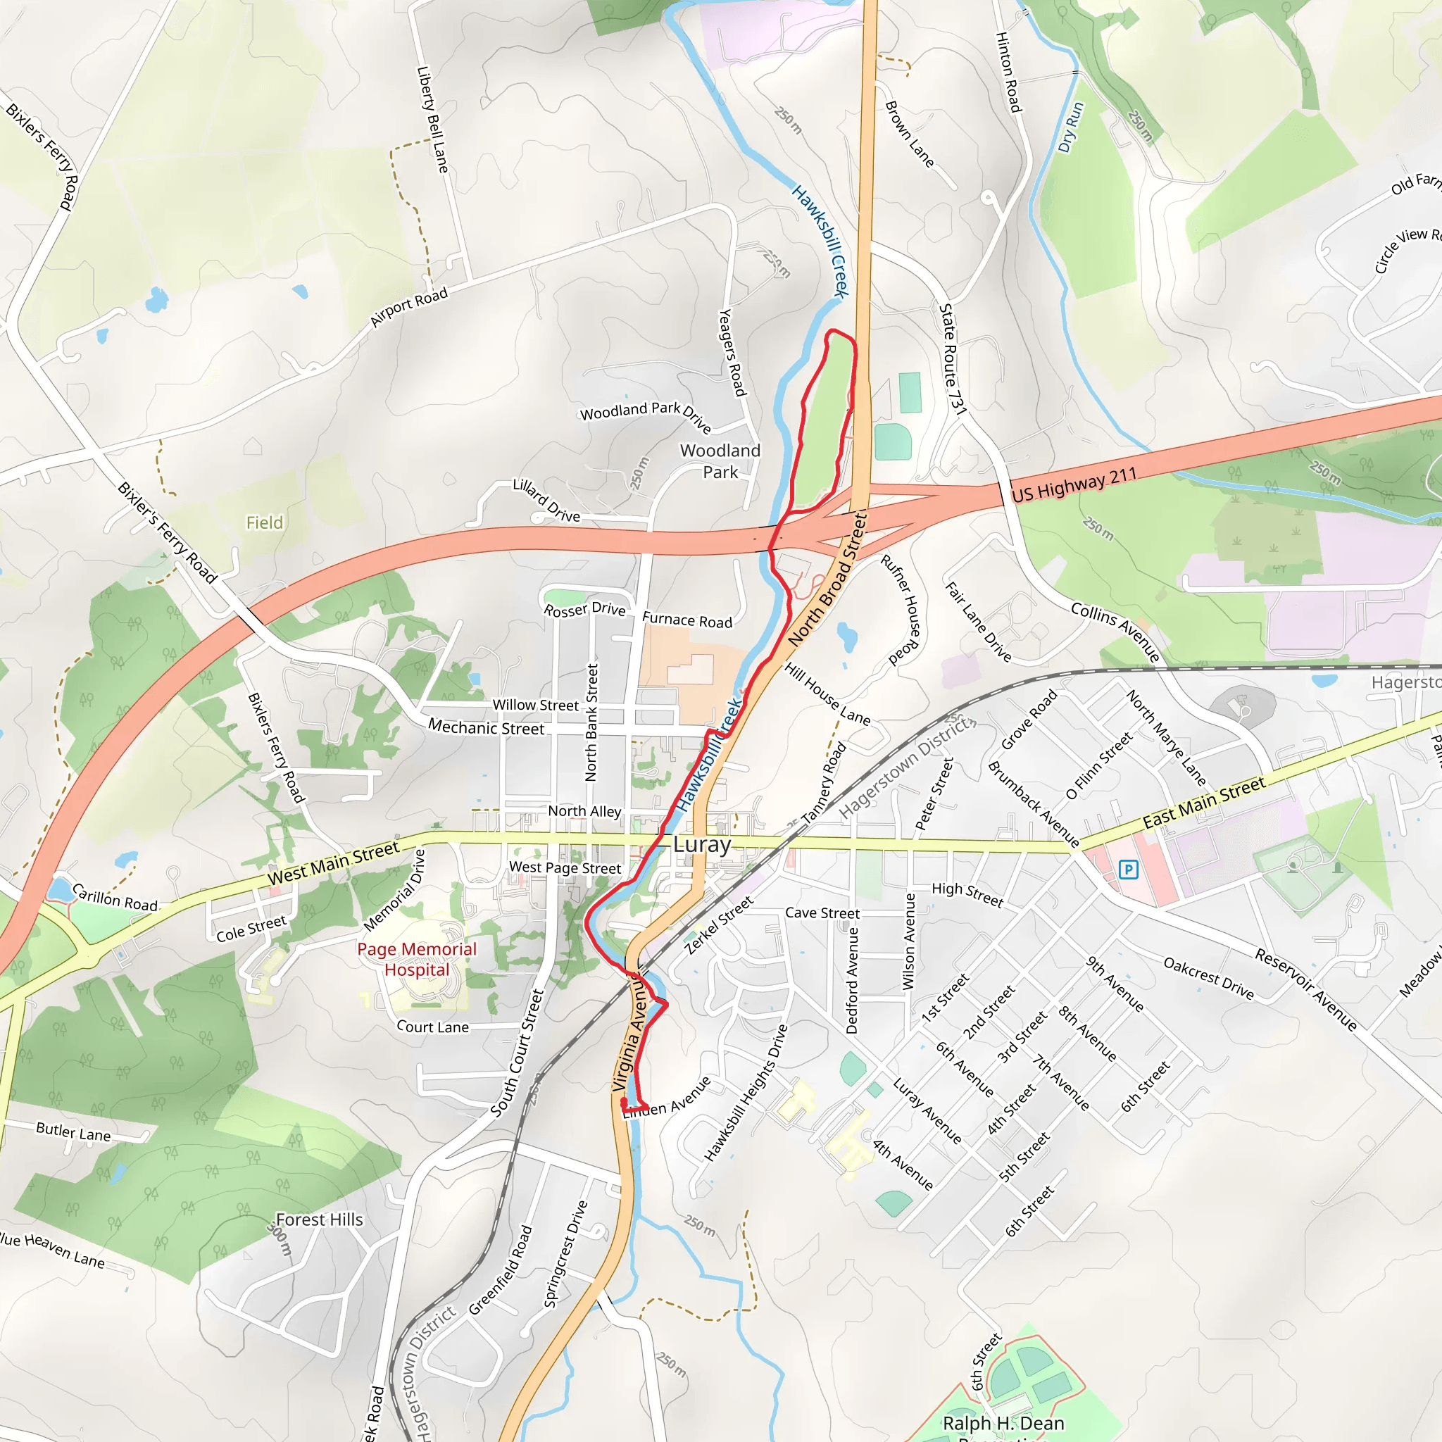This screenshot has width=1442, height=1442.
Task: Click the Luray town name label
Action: (x=701, y=844)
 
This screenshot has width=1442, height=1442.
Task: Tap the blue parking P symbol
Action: (x=1129, y=870)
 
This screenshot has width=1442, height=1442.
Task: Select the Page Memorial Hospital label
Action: (x=417, y=959)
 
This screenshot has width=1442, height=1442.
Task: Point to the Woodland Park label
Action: (x=720, y=461)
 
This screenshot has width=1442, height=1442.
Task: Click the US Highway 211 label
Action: (x=1074, y=484)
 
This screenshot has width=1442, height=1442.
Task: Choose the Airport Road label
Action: (x=409, y=307)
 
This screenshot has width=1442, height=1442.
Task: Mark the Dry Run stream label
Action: (x=1070, y=127)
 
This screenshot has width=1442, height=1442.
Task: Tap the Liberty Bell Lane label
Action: (x=433, y=120)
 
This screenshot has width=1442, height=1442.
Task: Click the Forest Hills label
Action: (x=320, y=1220)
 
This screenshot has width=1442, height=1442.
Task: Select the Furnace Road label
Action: (x=687, y=620)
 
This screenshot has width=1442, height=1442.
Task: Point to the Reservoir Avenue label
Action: (x=1305, y=990)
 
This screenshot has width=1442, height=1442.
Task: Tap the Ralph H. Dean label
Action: (x=1003, y=1423)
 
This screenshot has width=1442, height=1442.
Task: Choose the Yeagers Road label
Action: (x=732, y=352)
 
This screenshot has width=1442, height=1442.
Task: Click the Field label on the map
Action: (x=265, y=522)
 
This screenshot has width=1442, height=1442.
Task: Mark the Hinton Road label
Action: (x=1008, y=73)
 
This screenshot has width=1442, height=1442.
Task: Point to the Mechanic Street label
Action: (x=486, y=727)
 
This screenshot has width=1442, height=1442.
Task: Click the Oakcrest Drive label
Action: (x=1208, y=979)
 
